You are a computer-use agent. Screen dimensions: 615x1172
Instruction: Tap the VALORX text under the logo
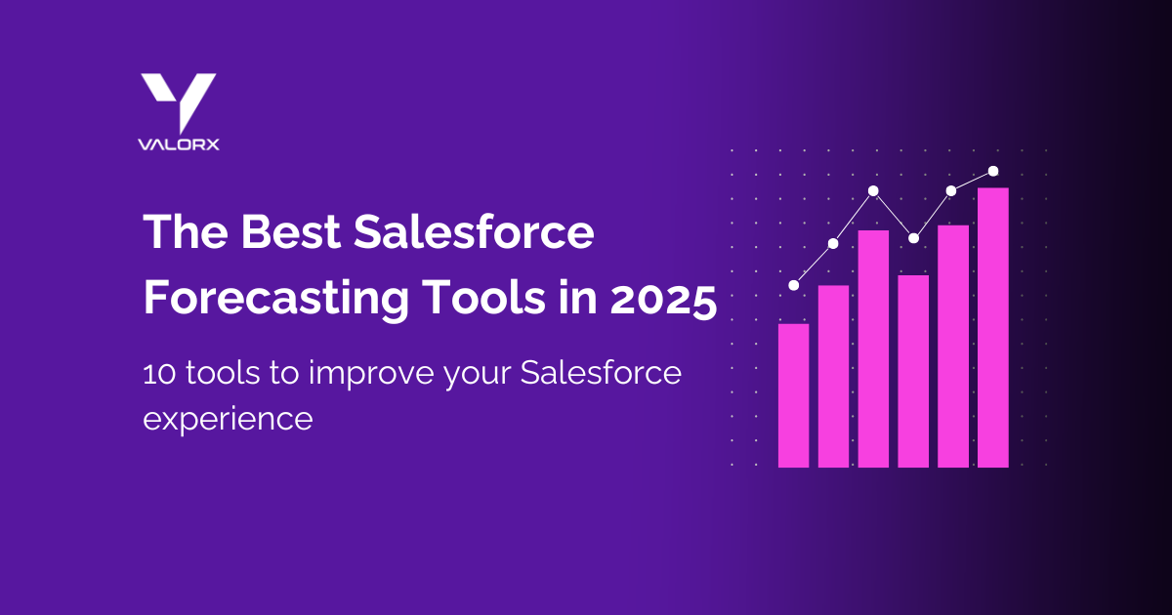178,143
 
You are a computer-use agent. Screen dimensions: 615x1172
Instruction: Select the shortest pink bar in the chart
793,395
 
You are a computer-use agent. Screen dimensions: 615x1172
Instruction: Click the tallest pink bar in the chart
993,327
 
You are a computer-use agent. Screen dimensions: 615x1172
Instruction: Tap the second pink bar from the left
833,376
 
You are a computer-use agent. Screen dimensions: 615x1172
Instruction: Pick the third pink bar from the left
873,348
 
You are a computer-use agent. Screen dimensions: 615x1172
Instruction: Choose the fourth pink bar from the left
913,371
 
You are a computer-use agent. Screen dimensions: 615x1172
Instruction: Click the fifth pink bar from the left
953,346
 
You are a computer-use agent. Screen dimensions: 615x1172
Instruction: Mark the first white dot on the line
793,285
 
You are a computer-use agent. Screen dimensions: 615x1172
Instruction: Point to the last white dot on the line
993,171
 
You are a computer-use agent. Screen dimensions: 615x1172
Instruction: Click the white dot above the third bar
874,190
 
